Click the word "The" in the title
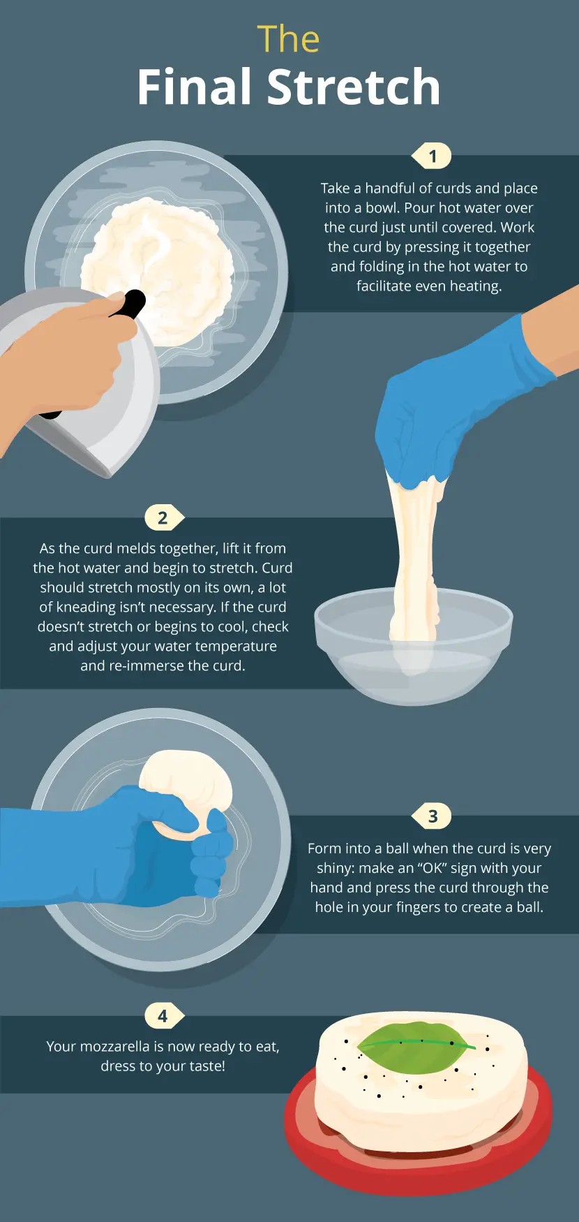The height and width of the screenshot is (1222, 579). coord(288,39)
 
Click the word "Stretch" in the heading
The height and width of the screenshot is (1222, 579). coord(354,87)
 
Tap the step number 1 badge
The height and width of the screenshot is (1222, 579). coord(432,156)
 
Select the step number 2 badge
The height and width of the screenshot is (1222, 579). coord(164,518)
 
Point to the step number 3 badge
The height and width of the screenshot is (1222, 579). coord(432,816)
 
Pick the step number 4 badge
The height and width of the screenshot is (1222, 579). coord(164,1015)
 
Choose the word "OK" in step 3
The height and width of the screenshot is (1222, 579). coord(433,868)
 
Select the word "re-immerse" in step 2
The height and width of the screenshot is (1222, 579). coord(140,665)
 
